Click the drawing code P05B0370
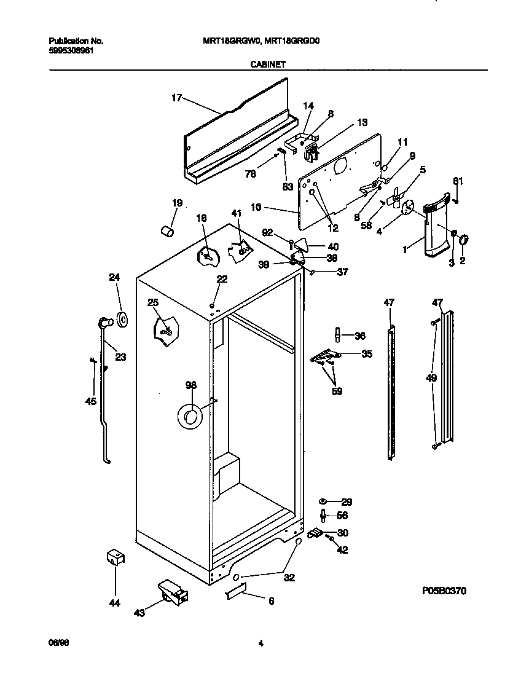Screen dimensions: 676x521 coord(445,591)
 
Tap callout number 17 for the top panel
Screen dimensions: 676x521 coord(176,97)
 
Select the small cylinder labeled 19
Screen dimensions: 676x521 coord(166,230)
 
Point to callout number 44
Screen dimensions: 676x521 coord(114,603)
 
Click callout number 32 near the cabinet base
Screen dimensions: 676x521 coord(289,578)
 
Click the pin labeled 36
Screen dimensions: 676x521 coord(337,335)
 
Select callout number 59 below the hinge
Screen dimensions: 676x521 coord(337,391)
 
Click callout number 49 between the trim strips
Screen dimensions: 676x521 coord(432,378)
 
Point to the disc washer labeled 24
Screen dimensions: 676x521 coord(121,319)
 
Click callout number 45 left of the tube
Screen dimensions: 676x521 coord(91,402)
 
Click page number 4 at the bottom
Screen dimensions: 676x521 coord(260,643)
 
